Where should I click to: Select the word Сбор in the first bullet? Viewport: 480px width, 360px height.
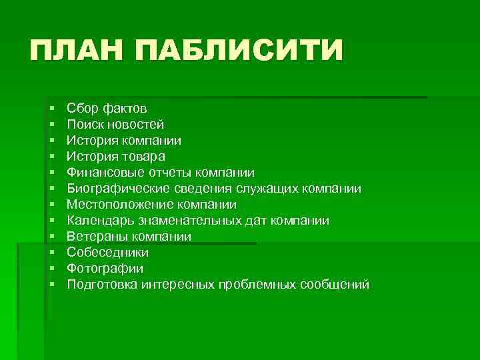coord(81,108)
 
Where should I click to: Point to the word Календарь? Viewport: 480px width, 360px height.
coord(97,221)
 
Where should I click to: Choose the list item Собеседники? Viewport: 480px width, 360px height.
coord(108,253)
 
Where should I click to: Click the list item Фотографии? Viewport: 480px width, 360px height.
coord(105,269)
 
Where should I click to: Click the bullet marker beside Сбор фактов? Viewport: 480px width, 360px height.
coord(51,109)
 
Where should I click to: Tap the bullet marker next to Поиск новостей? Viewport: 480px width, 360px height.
coord(51,125)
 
